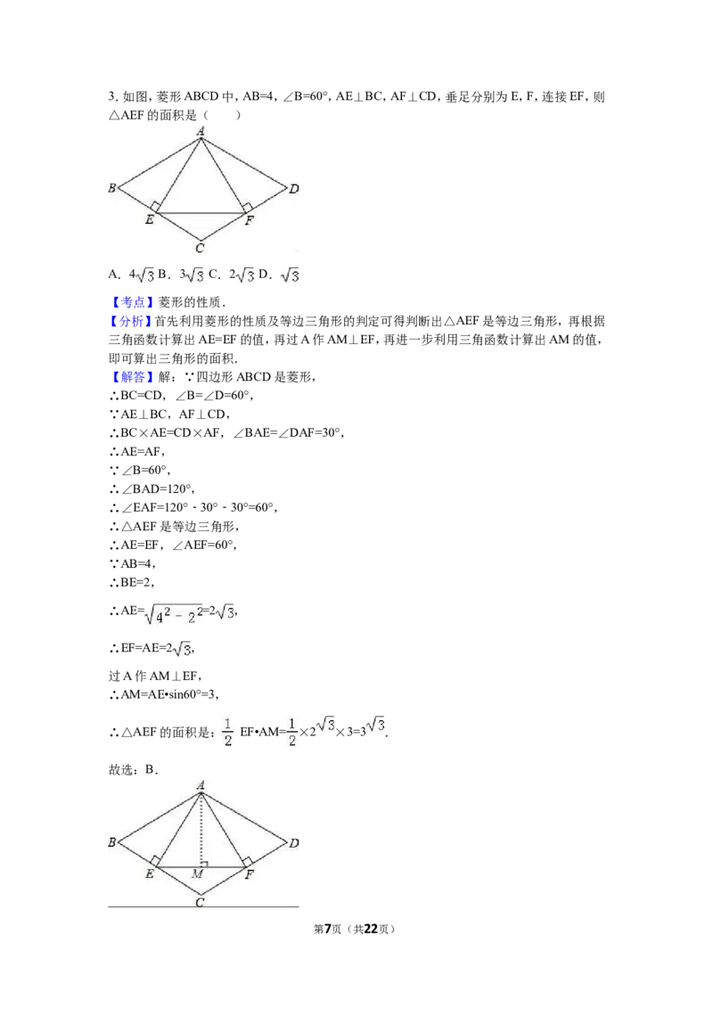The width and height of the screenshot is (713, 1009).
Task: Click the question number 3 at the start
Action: click(112, 97)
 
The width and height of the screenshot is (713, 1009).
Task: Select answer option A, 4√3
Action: click(131, 275)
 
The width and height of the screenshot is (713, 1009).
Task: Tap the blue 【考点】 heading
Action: click(132, 302)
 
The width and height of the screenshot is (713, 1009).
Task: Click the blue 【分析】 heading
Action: click(132, 321)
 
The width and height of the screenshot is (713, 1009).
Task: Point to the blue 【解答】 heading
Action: click(132, 377)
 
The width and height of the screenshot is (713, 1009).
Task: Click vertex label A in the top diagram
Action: click(201, 131)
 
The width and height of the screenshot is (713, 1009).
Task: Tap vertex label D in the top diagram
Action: click(294, 189)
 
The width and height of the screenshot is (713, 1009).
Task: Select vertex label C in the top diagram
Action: click(200, 249)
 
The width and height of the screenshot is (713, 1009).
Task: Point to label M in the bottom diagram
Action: click(198, 874)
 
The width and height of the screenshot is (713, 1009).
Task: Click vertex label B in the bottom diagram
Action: click(112, 842)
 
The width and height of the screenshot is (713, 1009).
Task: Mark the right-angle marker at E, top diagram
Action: click(155, 207)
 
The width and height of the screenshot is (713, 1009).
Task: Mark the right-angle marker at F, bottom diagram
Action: click(247, 862)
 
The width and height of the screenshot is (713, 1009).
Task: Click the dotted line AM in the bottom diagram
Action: click(201, 830)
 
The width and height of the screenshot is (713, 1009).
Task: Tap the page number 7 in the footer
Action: click(328, 929)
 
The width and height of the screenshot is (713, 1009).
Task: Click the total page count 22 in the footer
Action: click(371, 929)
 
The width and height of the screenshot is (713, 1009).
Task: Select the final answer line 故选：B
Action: click(133, 769)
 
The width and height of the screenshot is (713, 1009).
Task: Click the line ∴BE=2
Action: click(132, 582)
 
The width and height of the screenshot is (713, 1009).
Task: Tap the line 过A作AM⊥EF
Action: click(155, 676)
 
